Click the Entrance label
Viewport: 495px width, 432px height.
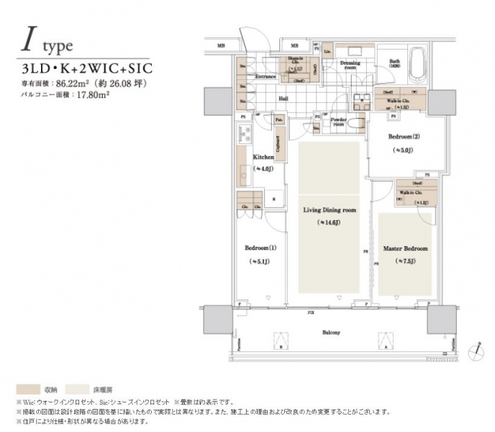point(266,76)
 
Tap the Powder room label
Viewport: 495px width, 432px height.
point(339,120)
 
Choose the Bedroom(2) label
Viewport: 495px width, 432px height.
point(401,137)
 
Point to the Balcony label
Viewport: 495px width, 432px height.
point(331,333)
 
